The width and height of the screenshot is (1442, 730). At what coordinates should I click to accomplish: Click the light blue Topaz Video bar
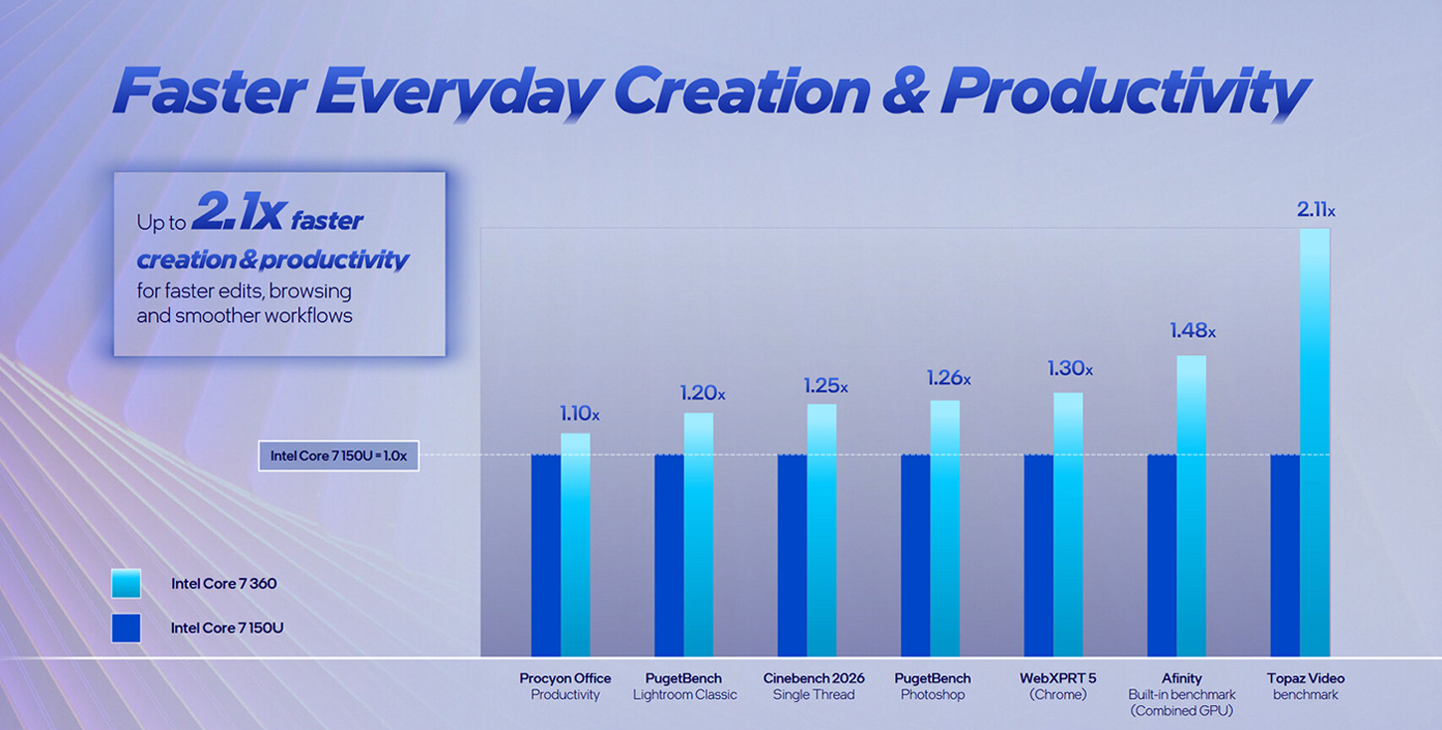click(x=1314, y=443)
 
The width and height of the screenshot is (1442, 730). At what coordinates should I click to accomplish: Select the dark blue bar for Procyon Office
click(x=546, y=555)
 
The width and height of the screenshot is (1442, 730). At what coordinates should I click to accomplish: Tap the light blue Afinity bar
click(x=1190, y=505)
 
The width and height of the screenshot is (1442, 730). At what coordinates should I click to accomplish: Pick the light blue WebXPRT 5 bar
click(x=1068, y=524)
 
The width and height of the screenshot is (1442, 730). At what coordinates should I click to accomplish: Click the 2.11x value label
click(x=1315, y=210)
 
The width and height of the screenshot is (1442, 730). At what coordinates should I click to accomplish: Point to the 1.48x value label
click(x=1191, y=331)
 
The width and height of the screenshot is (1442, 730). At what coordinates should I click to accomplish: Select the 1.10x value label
click(x=579, y=413)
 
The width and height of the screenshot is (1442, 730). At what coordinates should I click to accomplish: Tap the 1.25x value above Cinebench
click(x=825, y=386)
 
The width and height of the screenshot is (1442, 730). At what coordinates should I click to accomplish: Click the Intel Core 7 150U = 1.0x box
click(x=338, y=456)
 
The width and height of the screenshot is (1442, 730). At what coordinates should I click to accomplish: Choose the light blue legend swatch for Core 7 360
click(x=126, y=584)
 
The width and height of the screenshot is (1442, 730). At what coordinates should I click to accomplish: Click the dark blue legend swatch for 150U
click(x=126, y=628)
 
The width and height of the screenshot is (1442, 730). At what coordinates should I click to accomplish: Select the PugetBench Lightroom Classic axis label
click(x=684, y=686)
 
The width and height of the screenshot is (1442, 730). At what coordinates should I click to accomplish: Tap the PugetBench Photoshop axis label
click(x=932, y=686)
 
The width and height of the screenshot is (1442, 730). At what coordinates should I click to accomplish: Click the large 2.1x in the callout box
click(x=239, y=212)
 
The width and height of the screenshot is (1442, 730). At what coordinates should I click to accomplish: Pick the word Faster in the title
click(x=209, y=91)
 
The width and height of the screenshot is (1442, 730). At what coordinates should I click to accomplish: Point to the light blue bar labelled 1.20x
click(x=698, y=534)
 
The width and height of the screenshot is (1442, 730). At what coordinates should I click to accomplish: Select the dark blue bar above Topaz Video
click(x=1285, y=555)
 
